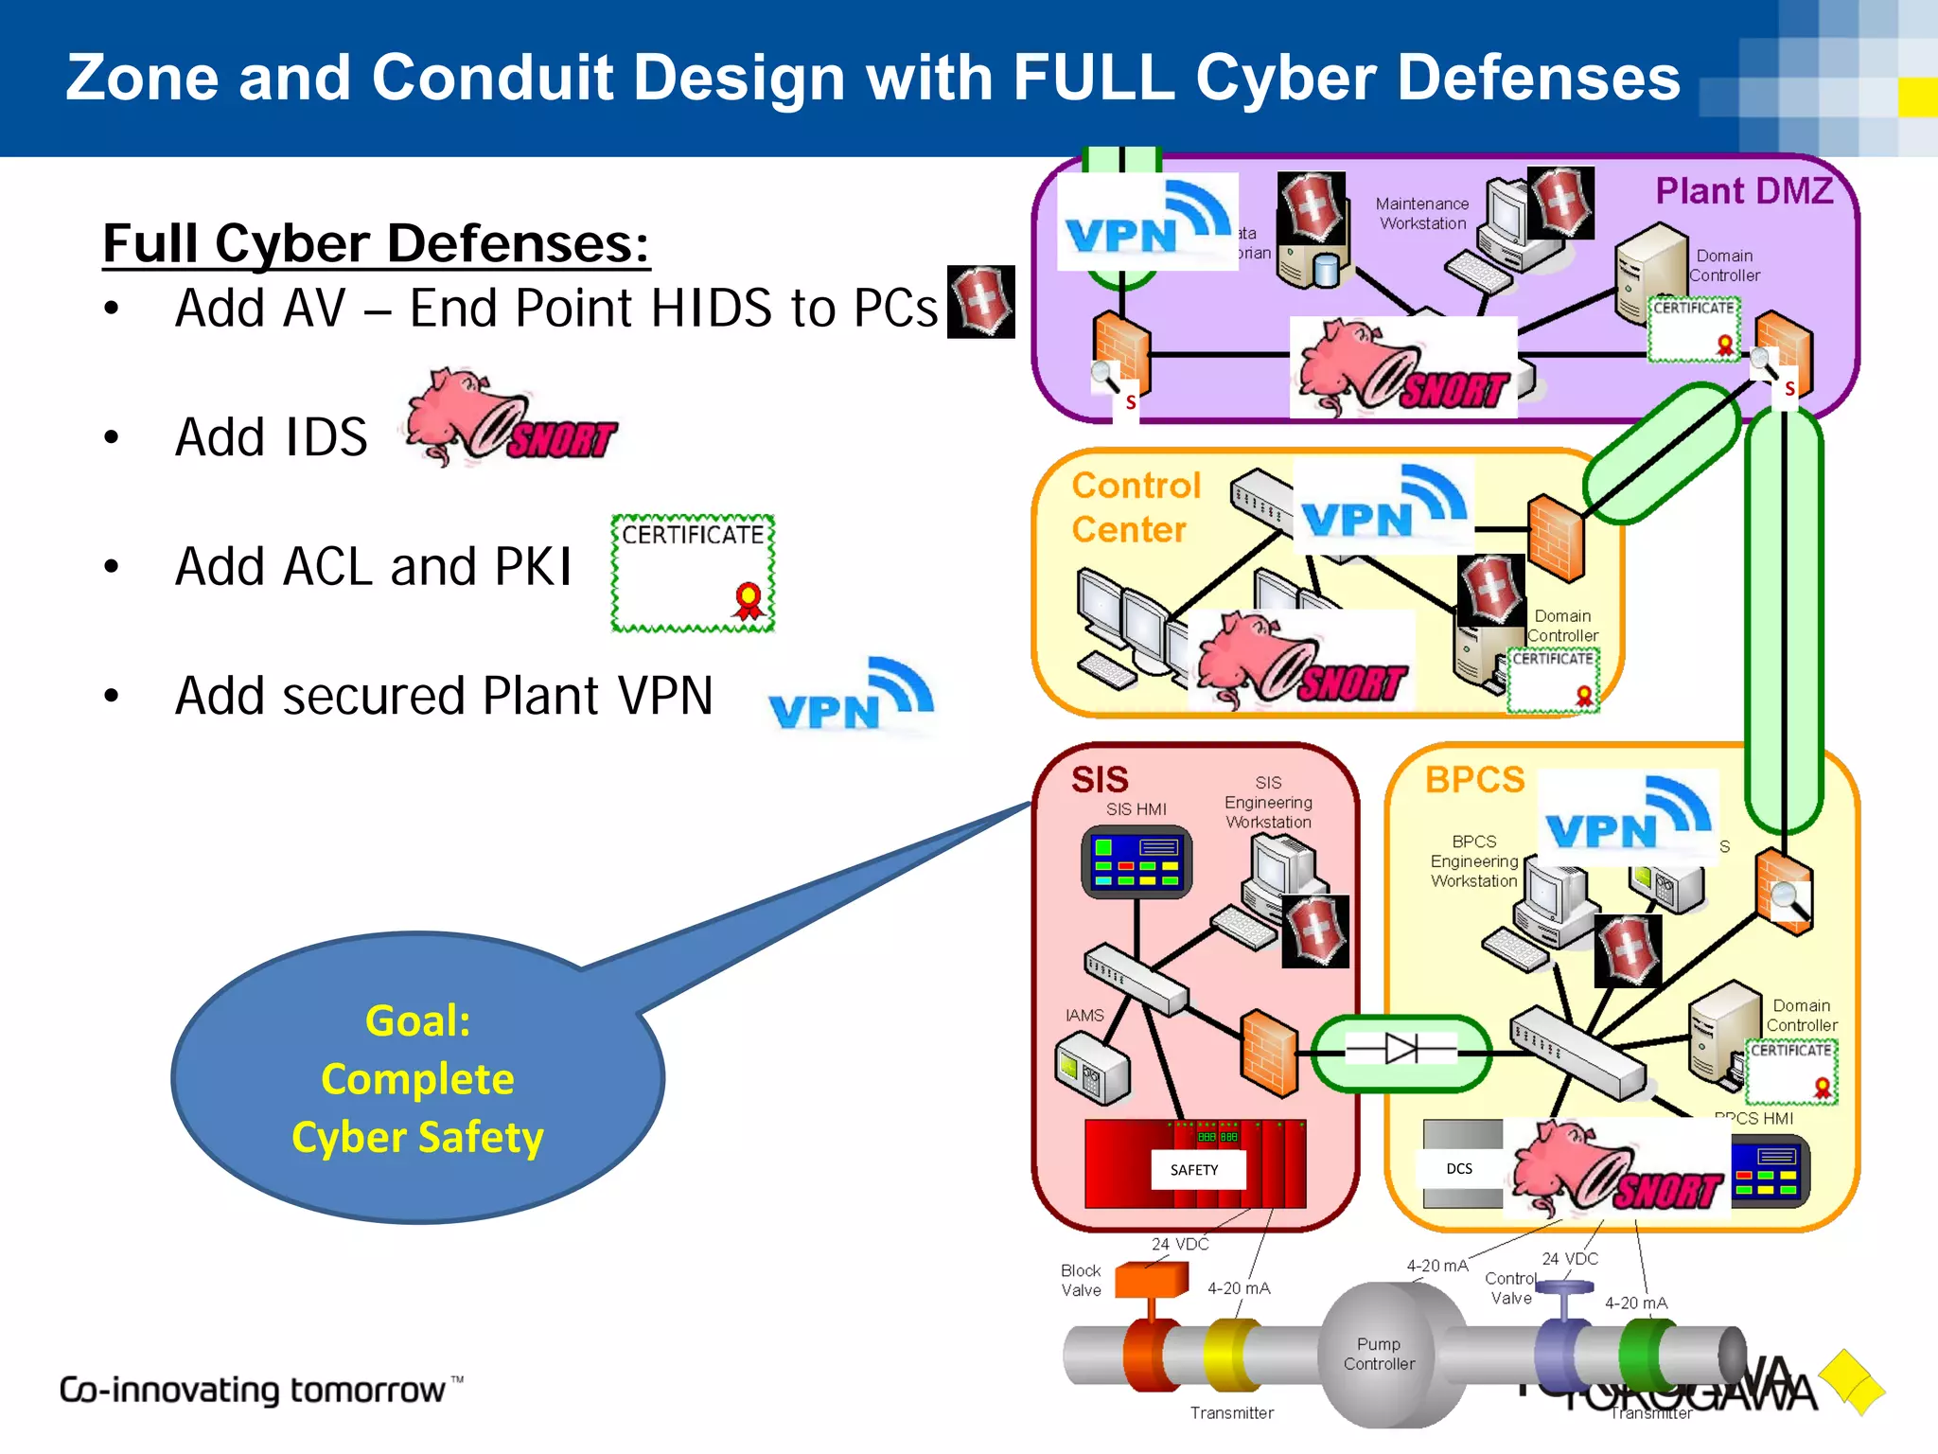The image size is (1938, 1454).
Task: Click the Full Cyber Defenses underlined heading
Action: point(376,243)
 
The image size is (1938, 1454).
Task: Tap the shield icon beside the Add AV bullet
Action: point(981,302)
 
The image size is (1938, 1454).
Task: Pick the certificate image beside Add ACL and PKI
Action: point(693,574)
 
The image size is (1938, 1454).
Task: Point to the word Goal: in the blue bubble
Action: point(417,1021)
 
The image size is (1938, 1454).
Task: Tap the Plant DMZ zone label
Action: point(1743,191)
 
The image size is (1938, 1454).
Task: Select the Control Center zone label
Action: point(1135,507)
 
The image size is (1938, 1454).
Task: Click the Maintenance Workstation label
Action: point(1421,214)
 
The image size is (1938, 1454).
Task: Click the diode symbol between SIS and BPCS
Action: point(1401,1049)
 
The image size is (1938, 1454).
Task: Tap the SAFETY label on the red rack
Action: point(1194,1170)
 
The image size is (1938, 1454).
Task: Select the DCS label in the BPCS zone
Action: point(1459,1169)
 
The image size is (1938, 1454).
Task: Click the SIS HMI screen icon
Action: point(1136,861)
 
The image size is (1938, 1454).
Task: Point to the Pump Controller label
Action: point(1379,1354)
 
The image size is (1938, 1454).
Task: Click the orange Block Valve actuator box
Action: point(1151,1280)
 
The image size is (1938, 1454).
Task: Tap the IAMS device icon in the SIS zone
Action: point(1092,1067)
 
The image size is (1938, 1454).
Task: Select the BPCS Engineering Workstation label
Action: point(1473,861)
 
